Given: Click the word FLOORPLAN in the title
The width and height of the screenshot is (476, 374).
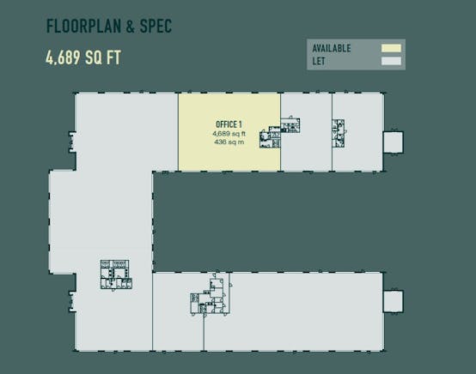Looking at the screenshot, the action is [x=83, y=26].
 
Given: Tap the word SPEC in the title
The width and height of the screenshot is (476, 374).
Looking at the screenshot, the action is [x=156, y=26].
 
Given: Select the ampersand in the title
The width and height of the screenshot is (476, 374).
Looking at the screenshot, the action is [x=131, y=26].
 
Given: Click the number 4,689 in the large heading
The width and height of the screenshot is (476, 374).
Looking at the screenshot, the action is [x=63, y=57].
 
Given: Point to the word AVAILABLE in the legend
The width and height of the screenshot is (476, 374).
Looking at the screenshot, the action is [x=332, y=48].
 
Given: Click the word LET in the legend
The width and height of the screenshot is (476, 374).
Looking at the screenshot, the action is [x=319, y=61].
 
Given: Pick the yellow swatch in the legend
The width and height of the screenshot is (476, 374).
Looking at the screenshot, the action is [x=391, y=48].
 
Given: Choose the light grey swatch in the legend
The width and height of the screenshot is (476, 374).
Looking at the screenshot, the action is [x=391, y=61].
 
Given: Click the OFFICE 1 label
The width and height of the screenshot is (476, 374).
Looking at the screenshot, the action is [x=229, y=124].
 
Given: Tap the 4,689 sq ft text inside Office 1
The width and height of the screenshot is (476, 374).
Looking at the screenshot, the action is [x=229, y=134].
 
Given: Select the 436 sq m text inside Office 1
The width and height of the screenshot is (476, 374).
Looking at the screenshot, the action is [x=229, y=142].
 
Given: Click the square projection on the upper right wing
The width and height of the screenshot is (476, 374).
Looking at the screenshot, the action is [x=394, y=142].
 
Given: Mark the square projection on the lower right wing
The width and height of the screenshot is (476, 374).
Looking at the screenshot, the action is [x=394, y=301].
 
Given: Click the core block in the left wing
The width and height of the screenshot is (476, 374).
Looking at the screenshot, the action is [x=116, y=274].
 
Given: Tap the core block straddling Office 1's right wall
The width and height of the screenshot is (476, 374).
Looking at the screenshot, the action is [x=279, y=133].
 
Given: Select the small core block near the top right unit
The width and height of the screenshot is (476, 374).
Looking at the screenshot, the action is [x=338, y=133].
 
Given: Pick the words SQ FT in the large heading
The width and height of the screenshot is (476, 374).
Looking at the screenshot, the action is [x=103, y=57].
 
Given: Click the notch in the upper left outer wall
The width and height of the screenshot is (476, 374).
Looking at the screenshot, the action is [x=72, y=142].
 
